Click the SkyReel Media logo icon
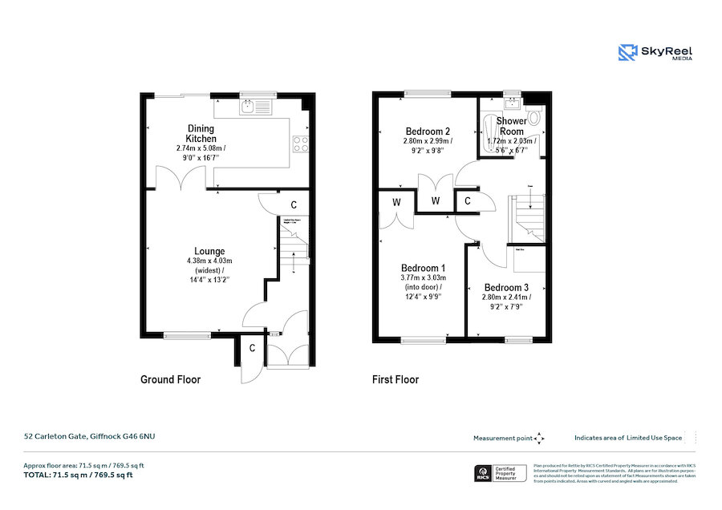pos(627,53)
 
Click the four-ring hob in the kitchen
pos(302,144)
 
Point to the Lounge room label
pos(209,251)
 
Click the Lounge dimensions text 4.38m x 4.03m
pos(209,261)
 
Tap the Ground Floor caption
pos(170,379)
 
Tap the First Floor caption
pos(395,379)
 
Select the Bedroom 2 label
pos(428,132)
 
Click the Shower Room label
pos(511,126)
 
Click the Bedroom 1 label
pos(424,268)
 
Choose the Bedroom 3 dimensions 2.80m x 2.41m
pos(506,297)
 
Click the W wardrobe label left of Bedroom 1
pos(395,202)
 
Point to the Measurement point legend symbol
pos(539,438)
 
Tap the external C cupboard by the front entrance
pos(252,347)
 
